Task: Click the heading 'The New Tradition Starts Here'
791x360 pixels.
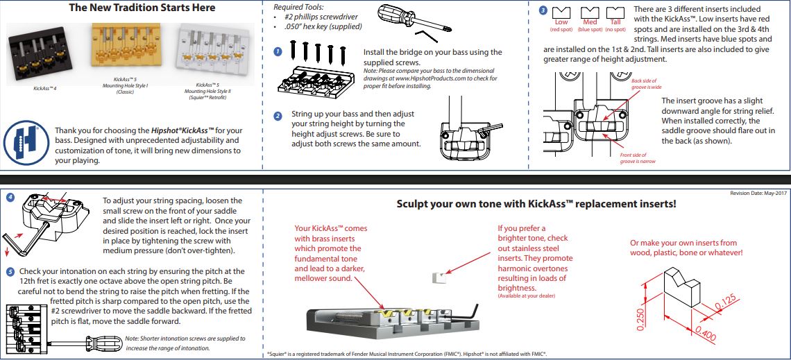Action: tap(142, 8)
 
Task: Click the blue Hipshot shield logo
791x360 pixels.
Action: tap(20, 142)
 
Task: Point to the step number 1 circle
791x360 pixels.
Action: tap(278, 52)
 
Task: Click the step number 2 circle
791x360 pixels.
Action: tap(278, 116)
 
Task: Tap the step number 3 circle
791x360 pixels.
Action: tap(543, 10)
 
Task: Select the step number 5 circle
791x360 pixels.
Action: tap(10, 271)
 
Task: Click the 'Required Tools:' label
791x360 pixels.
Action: tap(299, 7)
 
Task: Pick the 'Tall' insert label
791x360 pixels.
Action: tap(615, 22)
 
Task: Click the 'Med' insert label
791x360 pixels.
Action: tap(590, 22)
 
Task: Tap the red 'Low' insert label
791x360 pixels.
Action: tap(561, 22)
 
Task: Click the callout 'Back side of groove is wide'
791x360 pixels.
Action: tap(646, 84)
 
